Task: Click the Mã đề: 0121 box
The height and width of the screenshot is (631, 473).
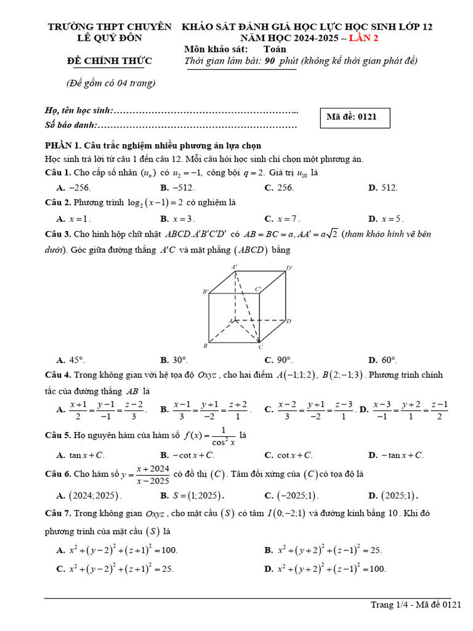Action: pos(355,116)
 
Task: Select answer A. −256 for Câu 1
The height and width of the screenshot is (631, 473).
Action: pos(73,188)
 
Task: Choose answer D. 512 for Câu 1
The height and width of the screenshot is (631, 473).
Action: pos(383,188)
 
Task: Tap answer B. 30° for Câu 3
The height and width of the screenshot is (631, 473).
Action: pos(174,360)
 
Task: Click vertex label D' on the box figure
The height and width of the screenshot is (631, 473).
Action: pos(289,268)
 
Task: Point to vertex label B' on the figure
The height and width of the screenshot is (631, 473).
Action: pos(206,291)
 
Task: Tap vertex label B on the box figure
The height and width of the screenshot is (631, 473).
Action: pos(205,346)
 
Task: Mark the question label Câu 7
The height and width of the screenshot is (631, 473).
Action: pos(58,513)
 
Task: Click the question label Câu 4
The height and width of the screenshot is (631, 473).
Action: pos(58,375)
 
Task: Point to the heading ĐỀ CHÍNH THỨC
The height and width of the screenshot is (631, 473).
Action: pos(109,61)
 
